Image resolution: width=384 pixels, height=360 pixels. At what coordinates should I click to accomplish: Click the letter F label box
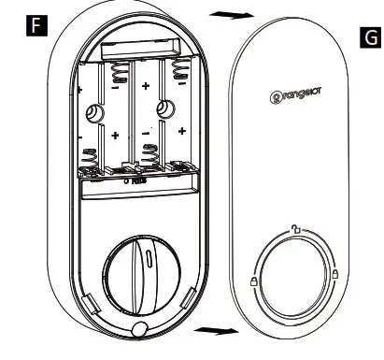pyautogui.click(x=36, y=24)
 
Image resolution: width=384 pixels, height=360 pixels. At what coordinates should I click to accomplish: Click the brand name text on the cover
pyautogui.click(x=296, y=94)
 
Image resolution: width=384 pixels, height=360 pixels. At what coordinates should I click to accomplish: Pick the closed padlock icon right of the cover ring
pyautogui.click(x=334, y=274)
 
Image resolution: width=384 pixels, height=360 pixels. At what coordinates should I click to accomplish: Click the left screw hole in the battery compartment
pyautogui.click(x=94, y=114)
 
